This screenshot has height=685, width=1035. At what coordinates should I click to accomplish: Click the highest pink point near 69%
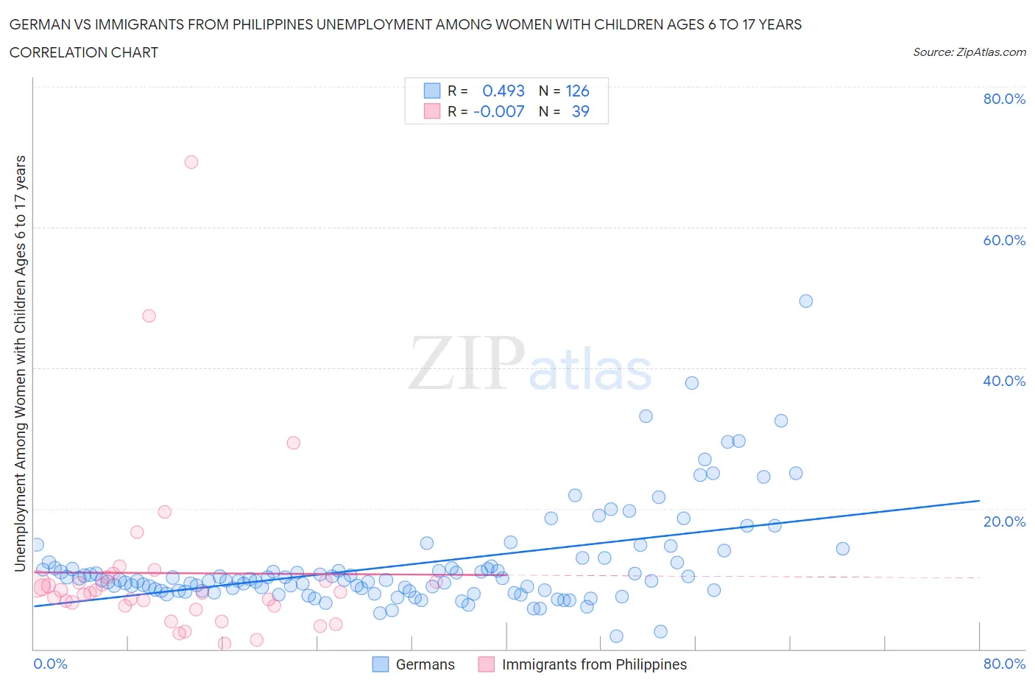pos(191,162)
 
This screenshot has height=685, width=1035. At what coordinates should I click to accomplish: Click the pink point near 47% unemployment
pos(149,316)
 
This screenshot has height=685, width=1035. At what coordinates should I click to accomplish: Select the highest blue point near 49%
pos(806,301)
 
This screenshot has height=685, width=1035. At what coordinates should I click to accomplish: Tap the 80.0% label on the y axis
pos(1004,99)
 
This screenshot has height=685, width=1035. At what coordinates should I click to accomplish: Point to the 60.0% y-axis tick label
pos(1004,240)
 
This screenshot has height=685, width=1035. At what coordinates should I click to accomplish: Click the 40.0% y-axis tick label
pos(1004,381)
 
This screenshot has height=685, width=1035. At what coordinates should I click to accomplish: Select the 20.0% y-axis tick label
pos(1004,521)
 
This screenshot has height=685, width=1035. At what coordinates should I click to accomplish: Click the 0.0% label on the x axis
pos(50,664)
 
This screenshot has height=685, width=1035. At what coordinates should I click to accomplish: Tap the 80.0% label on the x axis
pos(1004,664)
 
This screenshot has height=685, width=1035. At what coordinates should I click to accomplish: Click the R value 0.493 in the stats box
pos(503,91)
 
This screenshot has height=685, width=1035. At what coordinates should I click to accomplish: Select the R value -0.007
pos(498,111)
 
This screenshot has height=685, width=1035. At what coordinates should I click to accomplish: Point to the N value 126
pos(577,91)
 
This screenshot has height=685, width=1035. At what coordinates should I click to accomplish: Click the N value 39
pos(580,111)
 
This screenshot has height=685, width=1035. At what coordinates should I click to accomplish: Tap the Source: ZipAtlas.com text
pos(969,52)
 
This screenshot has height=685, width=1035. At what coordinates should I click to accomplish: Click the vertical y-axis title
pos(21,363)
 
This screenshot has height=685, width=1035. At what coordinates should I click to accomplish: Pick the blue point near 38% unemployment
pos(692,383)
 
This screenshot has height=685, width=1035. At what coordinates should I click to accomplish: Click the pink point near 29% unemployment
pos(293,443)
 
